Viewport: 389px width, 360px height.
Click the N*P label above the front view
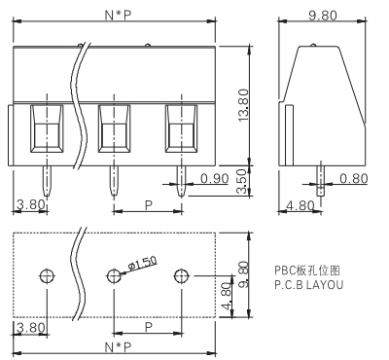coord(118,16)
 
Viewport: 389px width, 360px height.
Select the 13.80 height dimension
coord(243,105)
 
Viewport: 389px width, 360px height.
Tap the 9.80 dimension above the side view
coord(323,16)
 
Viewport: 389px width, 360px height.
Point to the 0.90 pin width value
coord(215,178)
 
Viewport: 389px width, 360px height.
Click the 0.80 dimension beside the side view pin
coord(354,178)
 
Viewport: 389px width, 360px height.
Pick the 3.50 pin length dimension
coord(242,182)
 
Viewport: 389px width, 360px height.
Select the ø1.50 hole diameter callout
coord(143,264)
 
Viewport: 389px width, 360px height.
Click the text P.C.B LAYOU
coord(308,285)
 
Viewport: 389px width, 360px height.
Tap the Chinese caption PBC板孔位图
coord(307,270)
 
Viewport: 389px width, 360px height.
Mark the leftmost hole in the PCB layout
coord(48,276)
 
